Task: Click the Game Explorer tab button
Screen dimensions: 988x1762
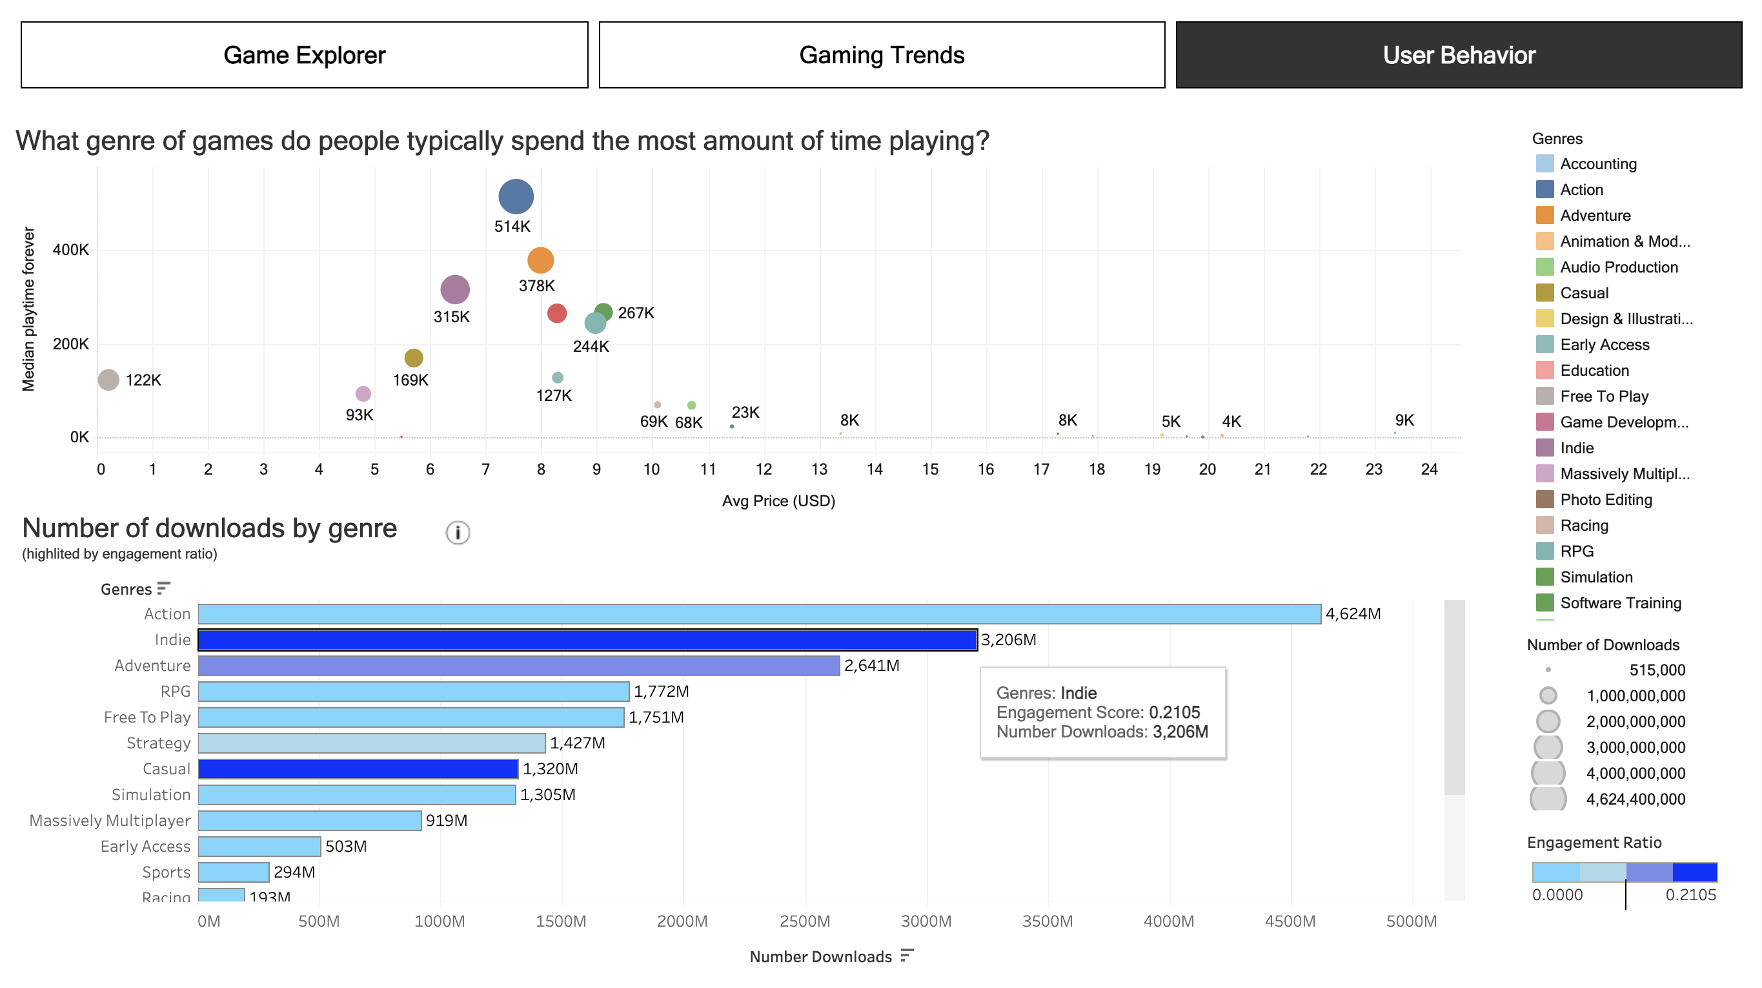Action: tap(304, 55)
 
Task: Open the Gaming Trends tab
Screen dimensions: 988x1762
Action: tap(881, 55)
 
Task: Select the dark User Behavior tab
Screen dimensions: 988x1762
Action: tap(1458, 55)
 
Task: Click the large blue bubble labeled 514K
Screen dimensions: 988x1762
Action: tap(516, 196)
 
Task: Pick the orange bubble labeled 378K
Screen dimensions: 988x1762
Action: tap(540, 260)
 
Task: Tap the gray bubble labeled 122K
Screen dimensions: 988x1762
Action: tap(108, 380)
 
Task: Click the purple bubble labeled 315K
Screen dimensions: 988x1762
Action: tap(455, 289)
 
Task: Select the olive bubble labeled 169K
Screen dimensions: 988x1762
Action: tap(414, 358)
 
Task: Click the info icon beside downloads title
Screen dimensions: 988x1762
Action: tap(458, 532)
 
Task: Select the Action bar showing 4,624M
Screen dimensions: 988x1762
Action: tap(759, 613)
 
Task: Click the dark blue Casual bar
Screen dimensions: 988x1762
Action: tap(358, 769)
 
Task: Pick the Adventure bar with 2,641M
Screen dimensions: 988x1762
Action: tap(518, 666)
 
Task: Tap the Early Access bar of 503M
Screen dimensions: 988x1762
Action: tap(259, 847)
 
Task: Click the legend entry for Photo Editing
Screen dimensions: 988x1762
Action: tap(1605, 499)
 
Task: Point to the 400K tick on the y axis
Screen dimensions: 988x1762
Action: tap(70, 250)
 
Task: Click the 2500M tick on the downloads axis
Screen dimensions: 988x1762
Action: tap(804, 921)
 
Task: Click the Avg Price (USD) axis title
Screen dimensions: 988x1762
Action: tap(778, 501)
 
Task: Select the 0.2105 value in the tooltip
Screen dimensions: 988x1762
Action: tap(1174, 712)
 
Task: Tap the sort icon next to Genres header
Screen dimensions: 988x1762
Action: tap(163, 588)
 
